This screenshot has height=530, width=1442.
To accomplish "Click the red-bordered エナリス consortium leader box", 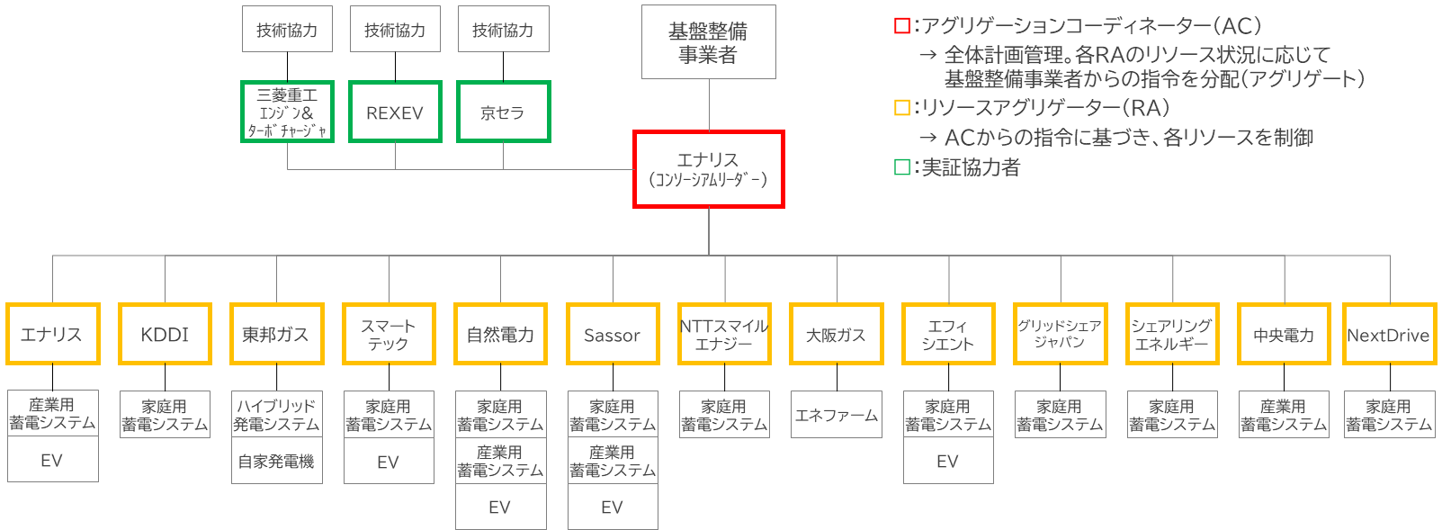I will click(708, 169).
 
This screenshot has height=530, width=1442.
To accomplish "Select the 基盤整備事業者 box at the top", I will click(708, 42).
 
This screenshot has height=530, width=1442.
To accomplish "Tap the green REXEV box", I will click(395, 112).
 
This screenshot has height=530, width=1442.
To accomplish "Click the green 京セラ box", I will click(503, 112).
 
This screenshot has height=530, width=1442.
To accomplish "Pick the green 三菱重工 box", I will click(287, 112).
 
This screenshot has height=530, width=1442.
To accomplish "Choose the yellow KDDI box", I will click(165, 335).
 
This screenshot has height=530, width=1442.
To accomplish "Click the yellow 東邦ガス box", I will click(276, 335).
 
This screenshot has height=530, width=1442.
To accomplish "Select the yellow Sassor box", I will click(612, 335).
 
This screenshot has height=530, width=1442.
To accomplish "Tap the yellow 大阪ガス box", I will click(836, 335).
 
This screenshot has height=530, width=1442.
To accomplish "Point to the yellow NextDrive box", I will click(1388, 335).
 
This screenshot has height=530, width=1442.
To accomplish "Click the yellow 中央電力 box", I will click(1283, 335).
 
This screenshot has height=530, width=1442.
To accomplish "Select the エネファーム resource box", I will click(836, 415).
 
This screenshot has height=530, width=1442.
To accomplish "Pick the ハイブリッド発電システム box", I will click(276, 415).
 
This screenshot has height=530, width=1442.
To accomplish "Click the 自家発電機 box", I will click(276, 462).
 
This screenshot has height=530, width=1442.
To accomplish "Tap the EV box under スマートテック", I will click(388, 462).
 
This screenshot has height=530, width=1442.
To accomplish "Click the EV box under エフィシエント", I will click(947, 462).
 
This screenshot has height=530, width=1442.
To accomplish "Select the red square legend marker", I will click(901, 26).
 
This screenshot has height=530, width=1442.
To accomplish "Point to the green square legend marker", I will click(901, 167).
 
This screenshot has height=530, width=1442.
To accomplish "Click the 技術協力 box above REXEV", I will click(395, 30).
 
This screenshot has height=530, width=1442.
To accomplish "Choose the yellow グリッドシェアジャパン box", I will click(1059, 335).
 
